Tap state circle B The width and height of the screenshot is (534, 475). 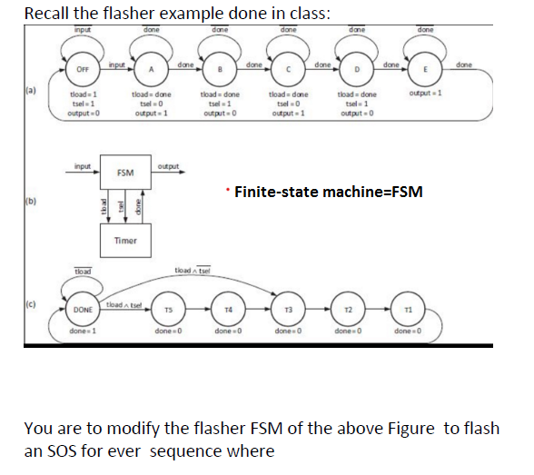[x=218, y=70]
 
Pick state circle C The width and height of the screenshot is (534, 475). [x=288, y=70]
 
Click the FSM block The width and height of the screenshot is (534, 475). [x=126, y=172]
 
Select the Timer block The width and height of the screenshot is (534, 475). [x=126, y=240]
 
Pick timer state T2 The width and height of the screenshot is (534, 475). [x=348, y=312]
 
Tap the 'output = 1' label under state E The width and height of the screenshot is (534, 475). [x=426, y=94]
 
